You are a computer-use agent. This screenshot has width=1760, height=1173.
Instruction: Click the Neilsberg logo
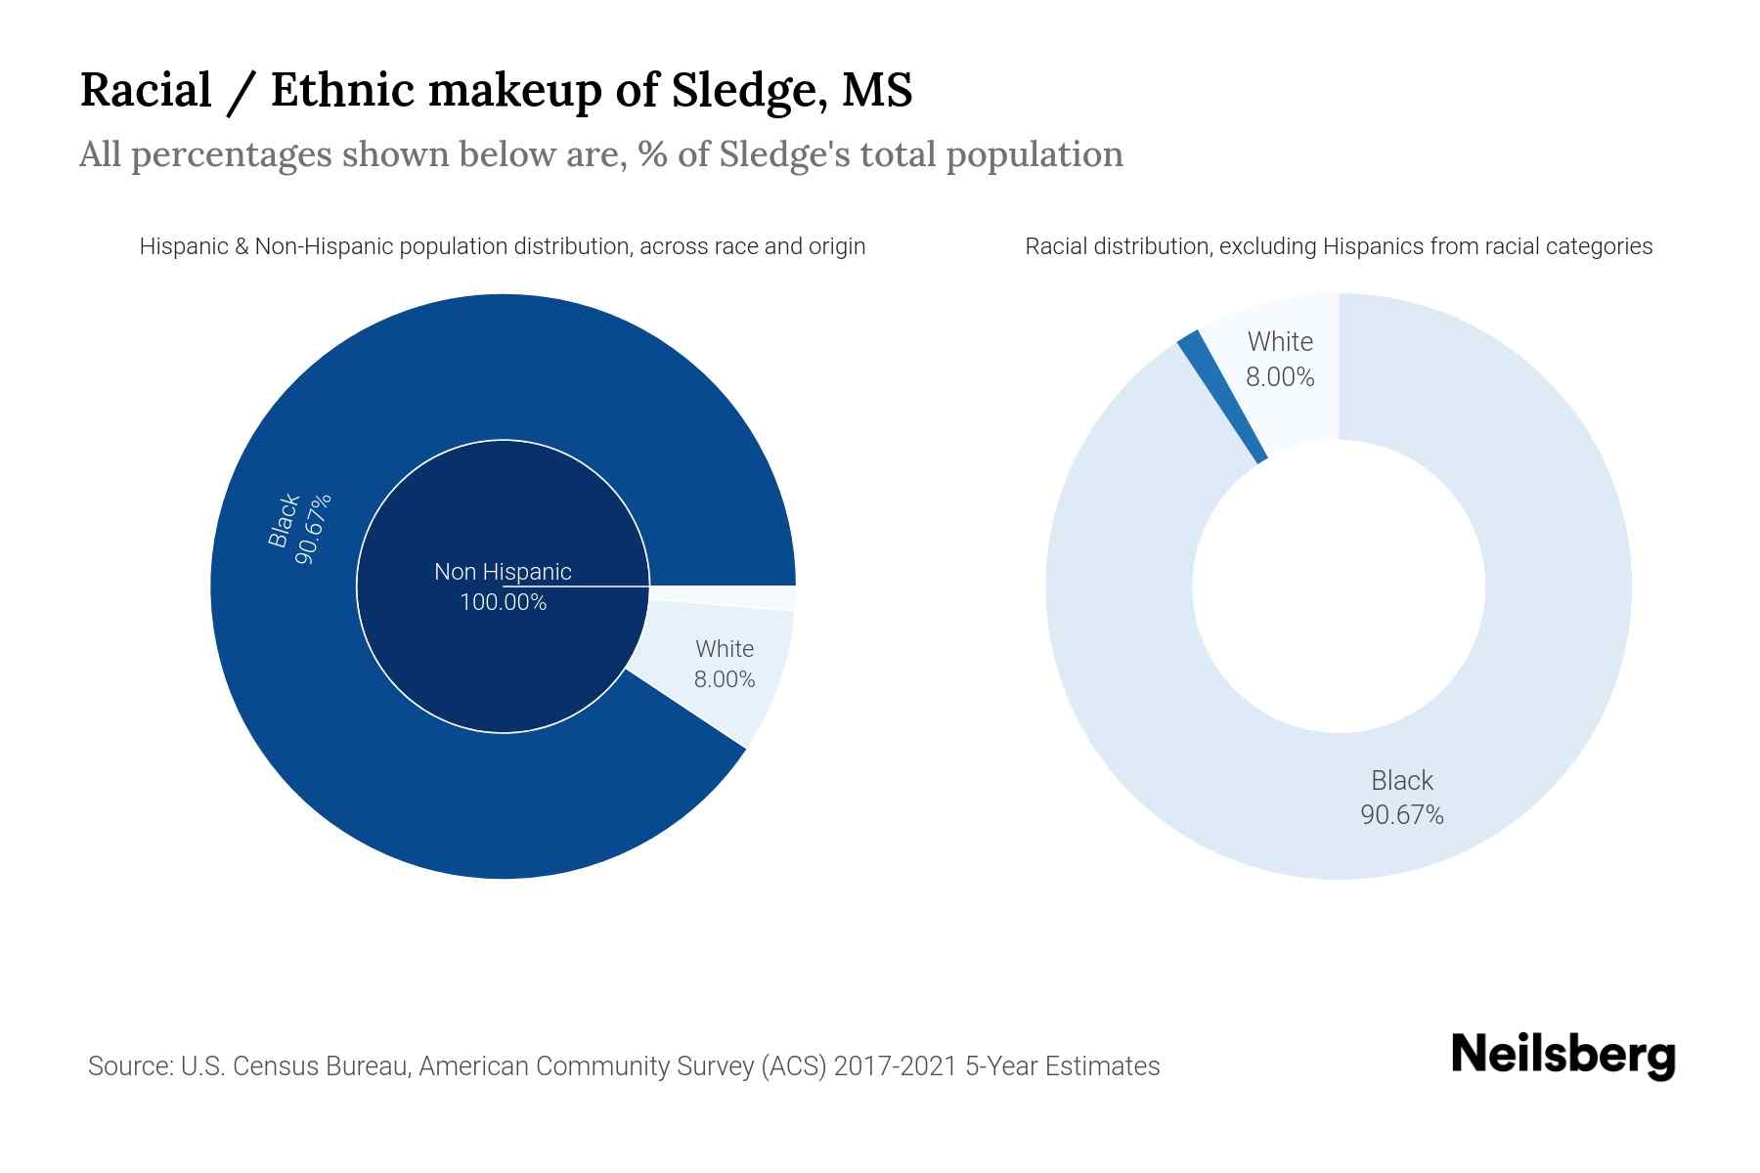pyautogui.click(x=1562, y=1055)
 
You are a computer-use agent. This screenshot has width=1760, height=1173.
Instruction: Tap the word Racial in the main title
pyautogui.click(x=146, y=90)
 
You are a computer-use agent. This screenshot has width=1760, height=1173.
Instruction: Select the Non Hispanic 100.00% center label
pyautogui.click(x=503, y=586)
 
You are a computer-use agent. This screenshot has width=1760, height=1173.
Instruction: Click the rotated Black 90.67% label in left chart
pyautogui.click(x=300, y=528)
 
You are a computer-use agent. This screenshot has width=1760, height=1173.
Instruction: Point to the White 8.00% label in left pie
pyautogui.click(x=725, y=664)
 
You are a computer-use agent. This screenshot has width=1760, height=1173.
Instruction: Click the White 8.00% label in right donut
pyautogui.click(x=1280, y=359)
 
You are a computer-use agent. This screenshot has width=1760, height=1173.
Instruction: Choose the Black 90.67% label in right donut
pyautogui.click(x=1401, y=797)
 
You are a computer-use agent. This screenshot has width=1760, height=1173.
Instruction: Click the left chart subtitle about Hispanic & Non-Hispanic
pyautogui.click(x=502, y=246)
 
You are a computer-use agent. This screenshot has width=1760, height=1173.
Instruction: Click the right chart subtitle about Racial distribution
pyautogui.click(x=1338, y=246)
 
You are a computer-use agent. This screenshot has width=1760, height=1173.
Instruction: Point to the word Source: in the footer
pyautogui.click(x=130, y=1065)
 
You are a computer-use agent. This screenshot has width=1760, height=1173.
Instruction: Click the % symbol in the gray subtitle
pyautogui.click(x=653, y=154)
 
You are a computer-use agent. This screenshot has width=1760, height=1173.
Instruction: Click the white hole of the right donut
pyautogui.click(x=1338, y=586)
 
